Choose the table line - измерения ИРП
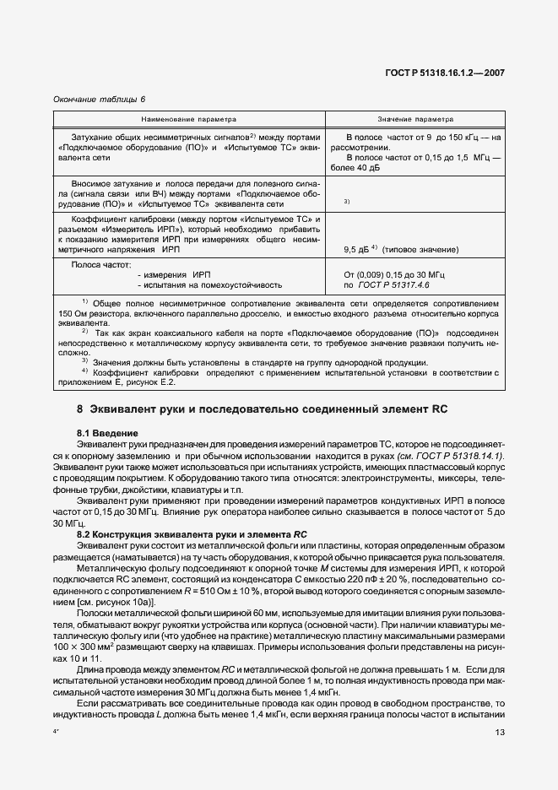[x=173, y=275]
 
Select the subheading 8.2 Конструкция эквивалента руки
[x=191, y=533]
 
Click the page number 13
[x=500, y=732]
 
